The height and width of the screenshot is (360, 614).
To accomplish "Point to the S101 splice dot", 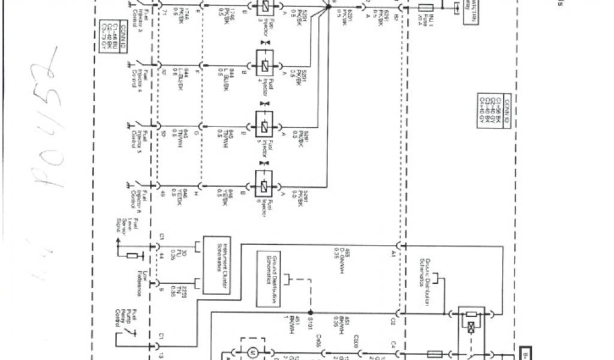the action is pyautogui.click(x=310, y=313).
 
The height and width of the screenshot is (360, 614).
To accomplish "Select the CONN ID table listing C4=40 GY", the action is pyautogui.click(x=491, y=110).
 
